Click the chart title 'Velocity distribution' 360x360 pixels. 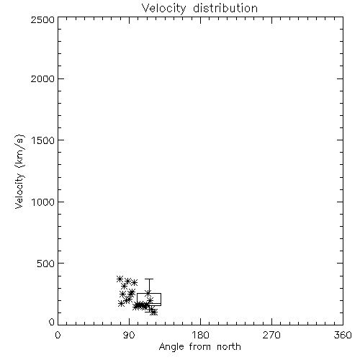199,8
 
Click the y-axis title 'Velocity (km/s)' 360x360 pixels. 19,171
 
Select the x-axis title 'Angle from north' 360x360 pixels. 199,347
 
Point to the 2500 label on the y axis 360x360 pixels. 42,19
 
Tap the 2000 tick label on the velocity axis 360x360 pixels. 42,78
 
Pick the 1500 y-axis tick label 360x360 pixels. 43,140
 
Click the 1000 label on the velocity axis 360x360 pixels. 43,202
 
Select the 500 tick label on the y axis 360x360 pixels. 46,264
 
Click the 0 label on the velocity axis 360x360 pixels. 52,322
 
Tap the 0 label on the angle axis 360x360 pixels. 58,335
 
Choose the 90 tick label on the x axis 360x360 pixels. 129,335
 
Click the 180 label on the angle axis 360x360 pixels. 200,335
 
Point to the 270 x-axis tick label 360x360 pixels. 271,335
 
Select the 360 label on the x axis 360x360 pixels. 343,335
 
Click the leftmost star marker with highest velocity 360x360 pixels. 120,279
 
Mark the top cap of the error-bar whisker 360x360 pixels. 149,279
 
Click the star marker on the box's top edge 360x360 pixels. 148,293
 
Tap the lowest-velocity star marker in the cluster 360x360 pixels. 154,312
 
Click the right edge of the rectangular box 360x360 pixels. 161,300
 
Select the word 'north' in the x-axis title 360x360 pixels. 229,347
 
